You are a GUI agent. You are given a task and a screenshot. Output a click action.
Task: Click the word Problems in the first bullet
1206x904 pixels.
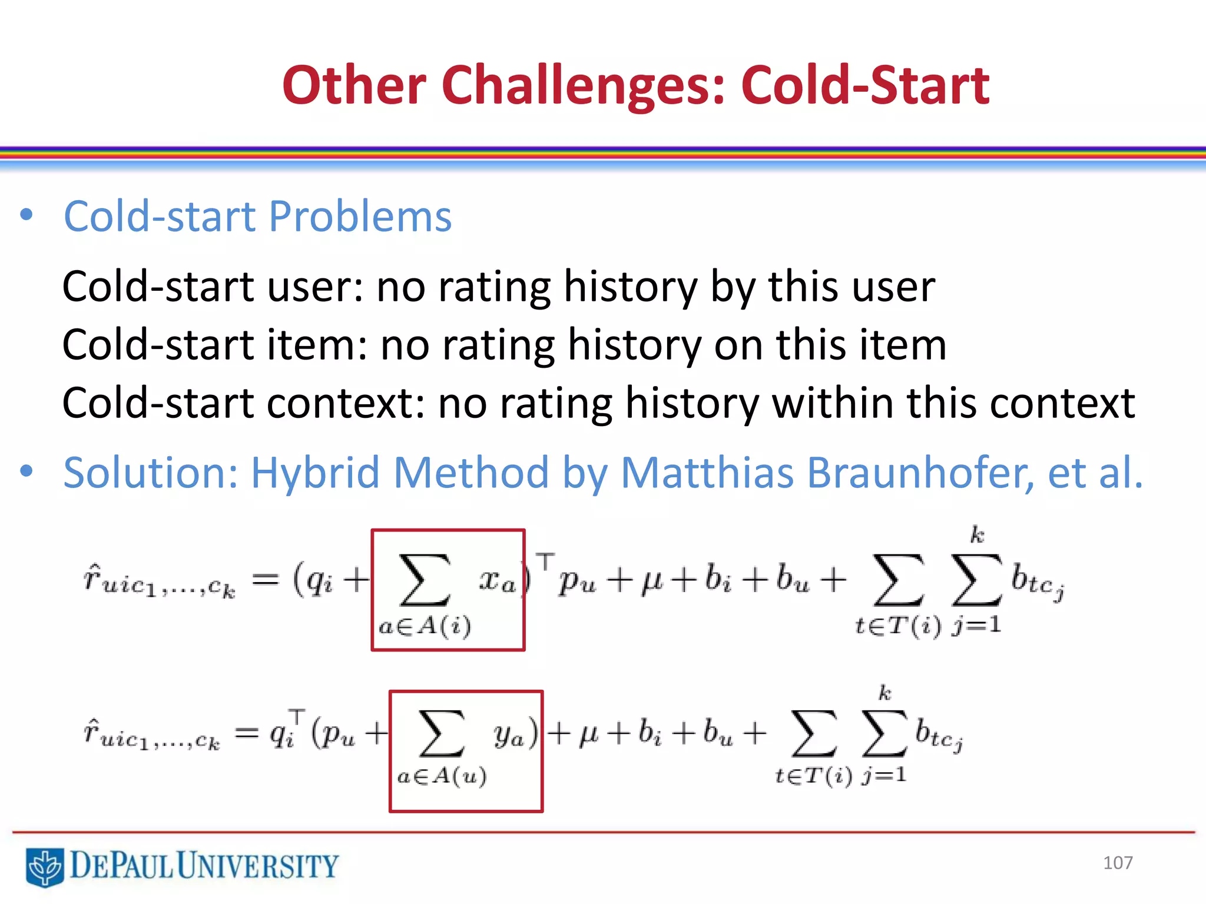tap(360, 217)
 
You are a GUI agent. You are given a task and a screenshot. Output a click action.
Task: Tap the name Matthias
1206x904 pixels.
tap(707, 473)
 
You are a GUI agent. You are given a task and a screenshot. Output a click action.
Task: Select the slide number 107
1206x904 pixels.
tap(1117, 863)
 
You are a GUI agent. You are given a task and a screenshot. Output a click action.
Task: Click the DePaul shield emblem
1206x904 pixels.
tap(44, 867)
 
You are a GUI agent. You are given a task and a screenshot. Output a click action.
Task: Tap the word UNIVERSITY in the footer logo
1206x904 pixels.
tap(257, 866)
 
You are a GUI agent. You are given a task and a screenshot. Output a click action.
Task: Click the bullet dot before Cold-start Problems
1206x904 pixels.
tap(26, 215)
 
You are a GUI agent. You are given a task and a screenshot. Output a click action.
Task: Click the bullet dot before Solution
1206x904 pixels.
tap(26, 471)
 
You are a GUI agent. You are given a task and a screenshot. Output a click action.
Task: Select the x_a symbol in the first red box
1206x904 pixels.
tap(496, 581)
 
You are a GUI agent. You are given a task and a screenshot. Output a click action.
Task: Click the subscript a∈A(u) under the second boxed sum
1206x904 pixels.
tap(442, 777)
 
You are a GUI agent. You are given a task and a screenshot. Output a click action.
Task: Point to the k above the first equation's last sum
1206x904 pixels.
tap(977, 535)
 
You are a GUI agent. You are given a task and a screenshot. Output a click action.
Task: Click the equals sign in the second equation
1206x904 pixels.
tap(246, 733)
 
